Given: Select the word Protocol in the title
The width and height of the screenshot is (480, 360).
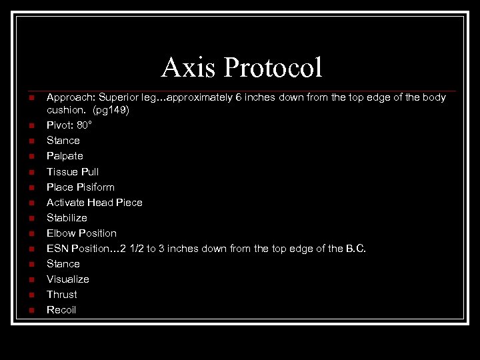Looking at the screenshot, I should pos(273,68).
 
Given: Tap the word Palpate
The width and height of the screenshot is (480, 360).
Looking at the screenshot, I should pos(65,156).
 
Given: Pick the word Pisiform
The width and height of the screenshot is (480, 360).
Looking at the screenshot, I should pos(95,187).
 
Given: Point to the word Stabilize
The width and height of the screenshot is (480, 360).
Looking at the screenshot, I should pos(67,217).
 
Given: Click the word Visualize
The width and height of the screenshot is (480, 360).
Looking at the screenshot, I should pos(67,279).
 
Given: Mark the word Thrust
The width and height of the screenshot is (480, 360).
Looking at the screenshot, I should pos(62,294).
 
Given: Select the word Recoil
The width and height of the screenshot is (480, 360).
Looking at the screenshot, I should pos(61,309).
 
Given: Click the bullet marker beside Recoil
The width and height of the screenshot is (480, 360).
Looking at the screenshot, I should pos(31,310).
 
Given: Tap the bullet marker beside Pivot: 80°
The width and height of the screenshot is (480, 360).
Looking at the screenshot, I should pos(31,126).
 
